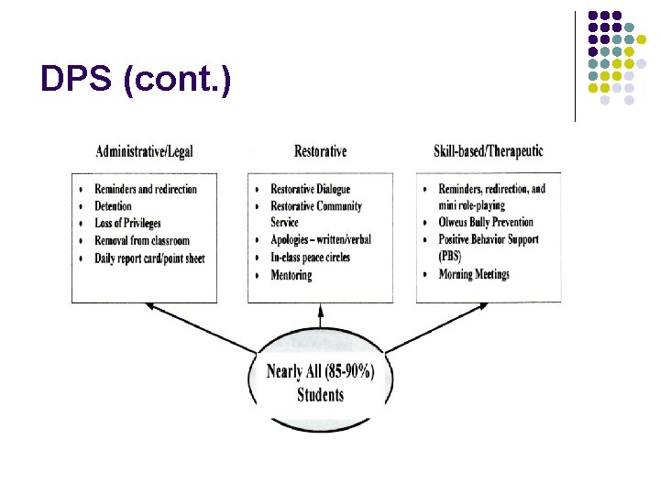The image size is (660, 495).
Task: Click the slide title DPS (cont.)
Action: click(136, 81)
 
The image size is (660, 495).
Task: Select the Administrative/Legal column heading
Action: click(144, 151)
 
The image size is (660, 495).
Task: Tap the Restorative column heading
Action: click(320, 151)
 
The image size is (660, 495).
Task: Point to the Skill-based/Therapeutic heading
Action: click(489, 151)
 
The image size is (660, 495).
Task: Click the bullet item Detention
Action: click(113, 206)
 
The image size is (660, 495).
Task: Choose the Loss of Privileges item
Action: click(127, 224)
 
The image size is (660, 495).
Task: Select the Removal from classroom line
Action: click(142, 241)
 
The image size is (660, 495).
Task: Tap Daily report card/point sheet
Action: click(149, 258)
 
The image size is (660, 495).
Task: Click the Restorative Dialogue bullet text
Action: click(310, 190)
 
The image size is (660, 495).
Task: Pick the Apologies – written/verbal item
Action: click(321, 240)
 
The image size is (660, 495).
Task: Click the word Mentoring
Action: click(291, 275)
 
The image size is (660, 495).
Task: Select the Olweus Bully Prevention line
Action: click(486, 223)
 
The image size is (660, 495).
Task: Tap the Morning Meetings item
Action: click(474, 274)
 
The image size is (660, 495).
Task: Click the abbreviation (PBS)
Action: click(450, 258)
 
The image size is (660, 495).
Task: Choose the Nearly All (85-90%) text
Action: click(320, 372)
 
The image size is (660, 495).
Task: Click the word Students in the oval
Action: click(320, 395)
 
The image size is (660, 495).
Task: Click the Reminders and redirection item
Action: click(146, 190)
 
